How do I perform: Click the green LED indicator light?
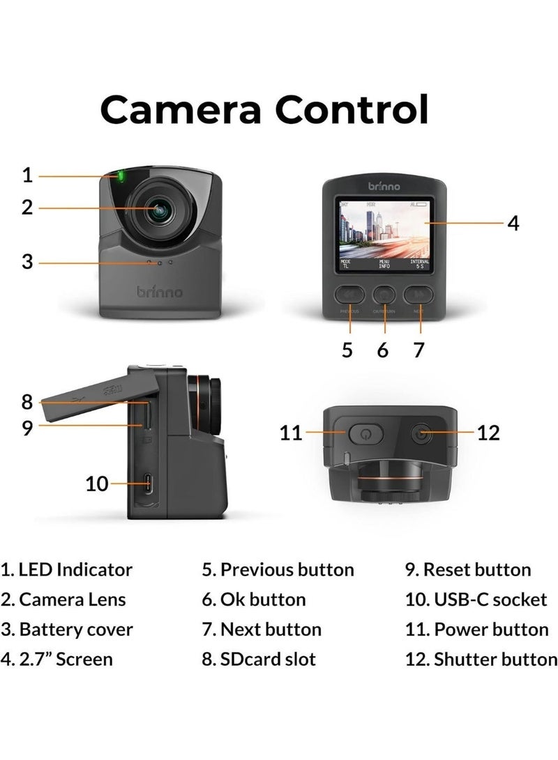pos(121,176)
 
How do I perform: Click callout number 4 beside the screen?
pos(513,223)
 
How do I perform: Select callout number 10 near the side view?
pos(97,483)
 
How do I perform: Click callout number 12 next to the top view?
pos(489,433)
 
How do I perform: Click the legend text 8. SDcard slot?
pos(259,659)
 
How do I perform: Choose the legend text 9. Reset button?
pos(468,570)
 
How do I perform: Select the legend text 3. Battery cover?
pos(67,630)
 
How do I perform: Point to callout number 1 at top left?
pos(27,174)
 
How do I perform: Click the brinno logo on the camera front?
pos(160,291)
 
